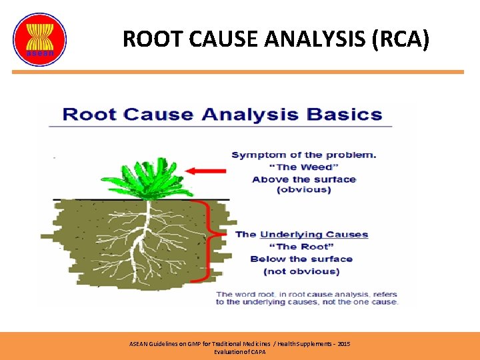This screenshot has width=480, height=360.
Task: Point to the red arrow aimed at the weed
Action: pos(206,171)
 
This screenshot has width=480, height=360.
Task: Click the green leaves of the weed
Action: pos(143,176)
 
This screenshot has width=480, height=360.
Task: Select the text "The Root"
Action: pos(301,247)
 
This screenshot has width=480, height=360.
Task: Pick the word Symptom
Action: pos(257,155)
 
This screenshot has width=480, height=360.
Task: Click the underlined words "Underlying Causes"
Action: pos(313,234)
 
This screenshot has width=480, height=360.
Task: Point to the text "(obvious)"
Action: pos(303,190)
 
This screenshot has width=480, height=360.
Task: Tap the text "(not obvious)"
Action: pos(301,271)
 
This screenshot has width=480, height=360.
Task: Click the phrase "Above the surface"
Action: pos(304,179)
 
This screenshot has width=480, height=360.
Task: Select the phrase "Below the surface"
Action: pos(301,259)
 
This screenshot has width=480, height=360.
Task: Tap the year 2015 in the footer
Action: pos(343,343)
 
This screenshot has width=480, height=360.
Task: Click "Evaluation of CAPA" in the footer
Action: pos(239,351)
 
